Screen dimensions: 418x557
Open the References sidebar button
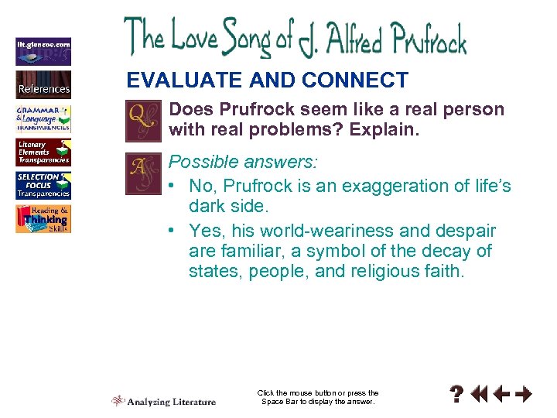point(43,84)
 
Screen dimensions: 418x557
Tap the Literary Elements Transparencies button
point(43,152)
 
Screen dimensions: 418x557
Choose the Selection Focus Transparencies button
point(43,186)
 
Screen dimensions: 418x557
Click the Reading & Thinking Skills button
point(43,219)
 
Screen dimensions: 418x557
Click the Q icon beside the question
point(142,121)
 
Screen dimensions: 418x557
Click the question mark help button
point(458,395)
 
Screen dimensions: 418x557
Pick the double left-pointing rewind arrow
point(480,395)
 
